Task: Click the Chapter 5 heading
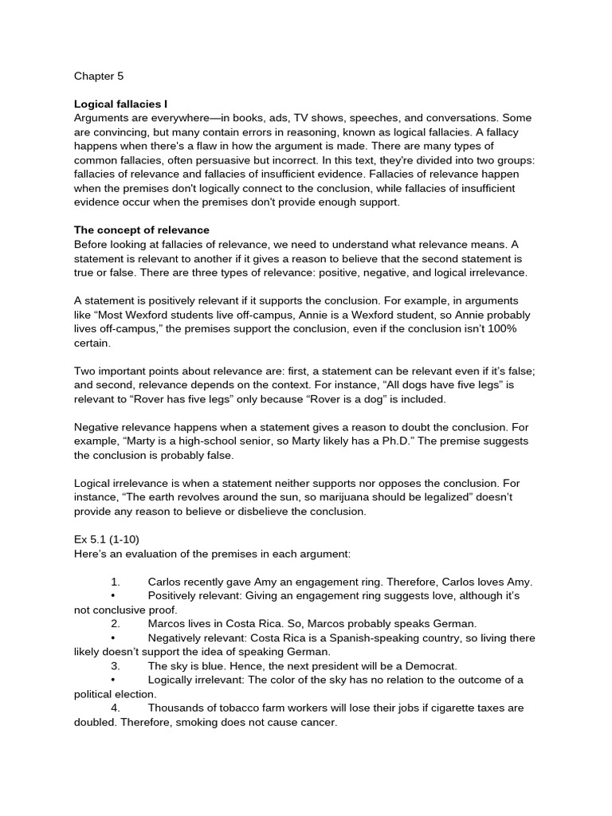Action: pyautogui.click(x=99, y=76)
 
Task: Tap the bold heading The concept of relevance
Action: pyautogui.click(x=142, y=230)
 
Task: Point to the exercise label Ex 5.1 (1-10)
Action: pyautogui.click(x=107, y=539)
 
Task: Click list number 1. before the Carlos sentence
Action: pyautogui.click(x=116, y=582)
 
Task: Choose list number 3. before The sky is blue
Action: pyautogui.click(x=116, y=665)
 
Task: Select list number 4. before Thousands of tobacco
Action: pyautogui.click(x=116, y=708)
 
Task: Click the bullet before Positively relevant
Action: pyautogui.click(x=115, y=595)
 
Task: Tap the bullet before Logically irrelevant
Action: pyautogui.click(x=115, y=680)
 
